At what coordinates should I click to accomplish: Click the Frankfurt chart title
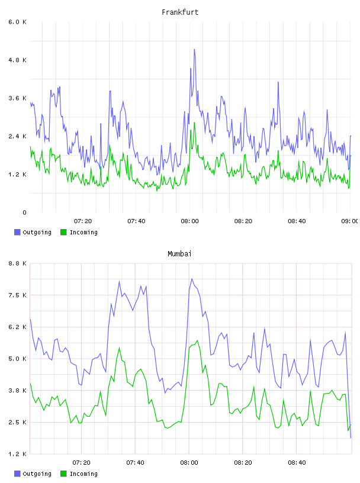pyautogui.click(x=180, y=12)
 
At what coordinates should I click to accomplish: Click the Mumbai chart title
pyautogui.click(x=179, y=253)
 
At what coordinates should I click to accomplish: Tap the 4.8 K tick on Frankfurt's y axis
pyautogui.click(x=17, y=60)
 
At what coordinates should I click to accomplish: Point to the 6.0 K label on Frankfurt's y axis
pyautogui.click(x=17, y=22)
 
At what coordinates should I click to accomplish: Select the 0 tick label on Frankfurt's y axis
pyautogui.click(x=24, y=212)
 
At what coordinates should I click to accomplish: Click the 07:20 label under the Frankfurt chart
pyautogui.click(x=83, y=221)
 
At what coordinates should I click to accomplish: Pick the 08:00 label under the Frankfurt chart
pyautogui.click(x=189, y=221)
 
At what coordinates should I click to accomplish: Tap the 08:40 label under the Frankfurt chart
pyautogui.click(x=297, y=221)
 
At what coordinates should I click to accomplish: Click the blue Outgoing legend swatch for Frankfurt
pyautogui.click(x=17, y=232)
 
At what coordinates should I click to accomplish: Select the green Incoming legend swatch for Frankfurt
pyautogui.click(x=63, y=232)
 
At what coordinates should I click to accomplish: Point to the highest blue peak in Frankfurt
pyautogui.click(x=194, y=49)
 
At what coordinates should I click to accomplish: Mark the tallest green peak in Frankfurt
pyautogui.click(x=194, y=123)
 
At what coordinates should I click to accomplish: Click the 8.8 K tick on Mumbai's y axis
pyautogui.click(x=17, y=263)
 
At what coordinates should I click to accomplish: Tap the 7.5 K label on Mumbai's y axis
pyautogui.click(x=17, y=295)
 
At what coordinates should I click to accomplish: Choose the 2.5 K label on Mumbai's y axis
pyautogui.click(x=17, y=422)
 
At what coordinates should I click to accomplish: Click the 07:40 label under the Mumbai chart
pyautogui.click(x=135, y=462)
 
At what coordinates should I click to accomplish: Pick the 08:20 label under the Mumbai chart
pyautogui.click(x=243, y=462)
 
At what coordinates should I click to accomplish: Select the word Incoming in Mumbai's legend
pyautogui.click(x=83, y=474)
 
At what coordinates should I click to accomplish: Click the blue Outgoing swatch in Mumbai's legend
pyautogui.click(x=17, y=474)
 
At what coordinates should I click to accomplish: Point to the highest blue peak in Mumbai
pyautogui.click(x=192, y=279)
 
